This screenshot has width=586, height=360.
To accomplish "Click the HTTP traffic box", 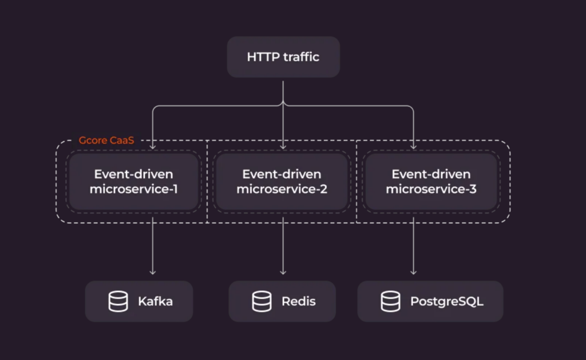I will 283,57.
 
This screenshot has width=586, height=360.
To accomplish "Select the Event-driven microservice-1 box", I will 133,181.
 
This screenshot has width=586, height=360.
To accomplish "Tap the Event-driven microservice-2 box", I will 282,181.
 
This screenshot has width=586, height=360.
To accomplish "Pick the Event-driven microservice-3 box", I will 431,181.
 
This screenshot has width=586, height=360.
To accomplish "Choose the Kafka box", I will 139,301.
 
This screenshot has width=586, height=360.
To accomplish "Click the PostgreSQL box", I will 430,301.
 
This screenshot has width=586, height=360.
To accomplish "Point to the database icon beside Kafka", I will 118,301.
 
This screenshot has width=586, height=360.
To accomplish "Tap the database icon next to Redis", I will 262,301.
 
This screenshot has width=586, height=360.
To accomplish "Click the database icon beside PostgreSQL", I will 391,301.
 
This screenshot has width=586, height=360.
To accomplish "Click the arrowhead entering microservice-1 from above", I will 153,148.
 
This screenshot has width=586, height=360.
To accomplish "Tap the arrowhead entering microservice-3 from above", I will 414,148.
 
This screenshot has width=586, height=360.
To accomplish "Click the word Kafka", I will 155,301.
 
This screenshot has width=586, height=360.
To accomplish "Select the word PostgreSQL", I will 447,301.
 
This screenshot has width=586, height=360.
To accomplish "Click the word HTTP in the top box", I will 262,57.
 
